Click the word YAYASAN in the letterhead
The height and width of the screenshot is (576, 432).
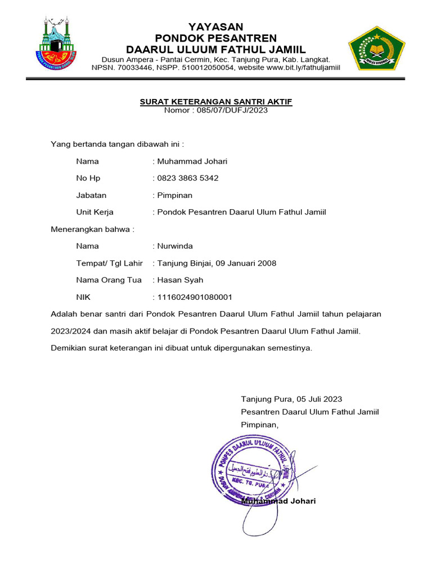click(215, 27)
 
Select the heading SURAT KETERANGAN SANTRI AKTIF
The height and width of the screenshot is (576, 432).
click(216, 102)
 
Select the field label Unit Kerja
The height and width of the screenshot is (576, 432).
click(94, 212)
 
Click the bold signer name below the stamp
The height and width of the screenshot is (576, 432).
click(278, 501)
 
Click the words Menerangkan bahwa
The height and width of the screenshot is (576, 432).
click(93, 229)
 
